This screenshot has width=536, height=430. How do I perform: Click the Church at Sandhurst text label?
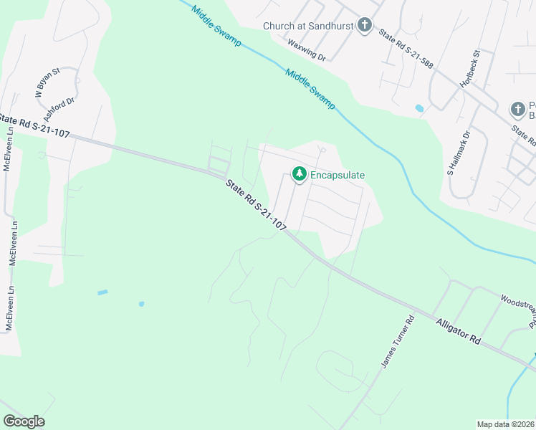click(309, 27)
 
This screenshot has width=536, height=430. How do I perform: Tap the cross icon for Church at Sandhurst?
click(365, 27)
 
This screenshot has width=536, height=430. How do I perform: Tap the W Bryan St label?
click(49, 82)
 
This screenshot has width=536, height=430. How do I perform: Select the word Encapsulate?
click(338, 174)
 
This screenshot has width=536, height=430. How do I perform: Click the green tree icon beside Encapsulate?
click(299, 173)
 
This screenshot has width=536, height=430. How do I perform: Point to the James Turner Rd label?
click(398, 342)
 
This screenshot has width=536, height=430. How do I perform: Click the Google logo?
click(24, 421)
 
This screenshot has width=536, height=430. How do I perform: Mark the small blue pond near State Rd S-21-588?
click(419, 108)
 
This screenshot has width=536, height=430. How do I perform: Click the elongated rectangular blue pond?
click(102, 292)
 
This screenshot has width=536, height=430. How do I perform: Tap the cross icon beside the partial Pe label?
click(517, 110)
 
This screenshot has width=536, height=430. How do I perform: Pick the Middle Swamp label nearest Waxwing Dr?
click(310, 88)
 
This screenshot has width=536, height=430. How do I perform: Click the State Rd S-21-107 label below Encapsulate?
click(256, 204)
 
